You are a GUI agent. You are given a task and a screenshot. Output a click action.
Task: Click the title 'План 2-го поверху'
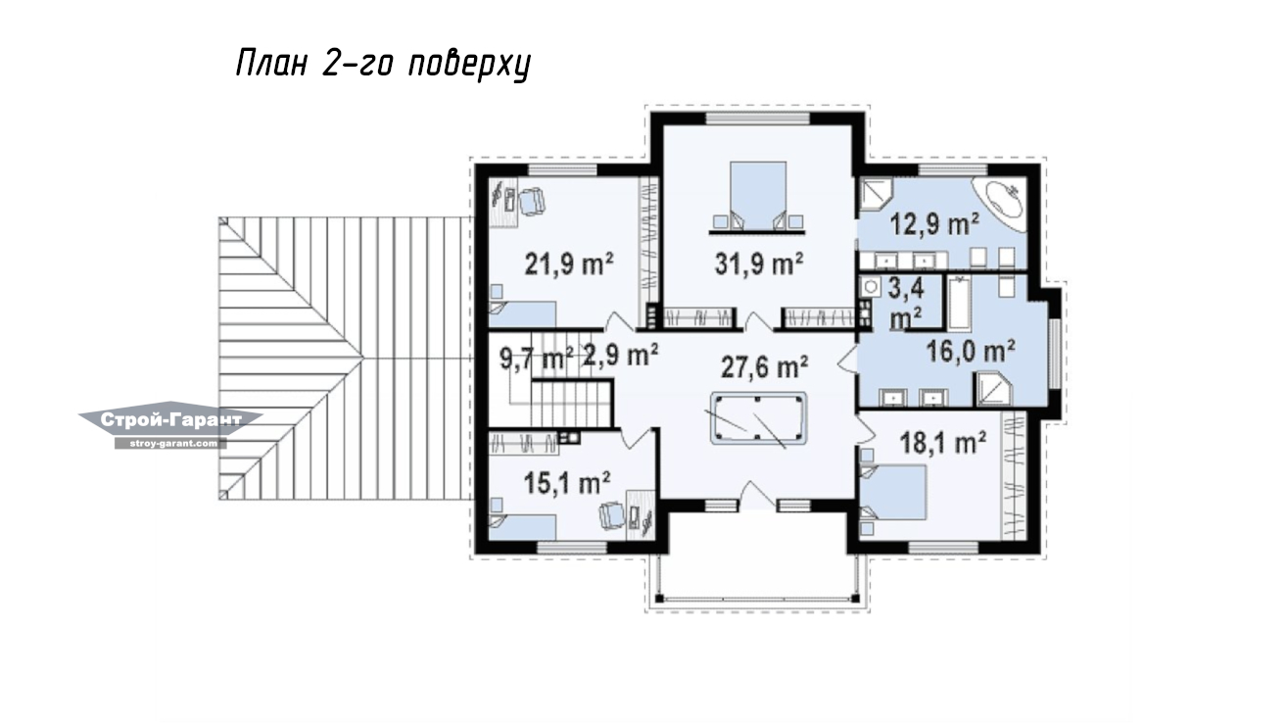[383, 64]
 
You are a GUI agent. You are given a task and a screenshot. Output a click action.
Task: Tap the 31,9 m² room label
[758, 264]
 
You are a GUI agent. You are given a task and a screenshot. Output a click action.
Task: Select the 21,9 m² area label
[569, 264]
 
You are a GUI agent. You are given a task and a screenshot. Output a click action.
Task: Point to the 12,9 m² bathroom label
[934, 223]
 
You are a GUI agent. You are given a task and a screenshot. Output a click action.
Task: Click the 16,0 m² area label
[971, 351]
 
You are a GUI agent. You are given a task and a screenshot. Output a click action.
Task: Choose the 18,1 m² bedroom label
[943, 443]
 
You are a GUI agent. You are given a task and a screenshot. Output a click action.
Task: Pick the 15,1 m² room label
[567, 483]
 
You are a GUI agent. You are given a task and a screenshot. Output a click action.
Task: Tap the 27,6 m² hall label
[765, 367]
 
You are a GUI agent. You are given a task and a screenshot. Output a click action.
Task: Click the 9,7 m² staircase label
[537, 360]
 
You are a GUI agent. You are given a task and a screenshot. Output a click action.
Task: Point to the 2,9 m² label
[620, 355]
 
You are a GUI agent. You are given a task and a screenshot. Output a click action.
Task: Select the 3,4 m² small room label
[906, 304]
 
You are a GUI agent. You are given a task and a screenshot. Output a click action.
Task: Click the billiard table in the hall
[758, 418]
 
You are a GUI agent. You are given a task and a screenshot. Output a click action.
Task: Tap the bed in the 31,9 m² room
[758, 196]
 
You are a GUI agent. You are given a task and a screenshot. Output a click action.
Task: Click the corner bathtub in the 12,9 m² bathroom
[998, 205]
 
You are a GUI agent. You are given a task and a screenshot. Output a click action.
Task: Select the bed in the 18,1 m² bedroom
[894, 493]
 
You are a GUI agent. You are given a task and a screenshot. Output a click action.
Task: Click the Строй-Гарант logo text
[171, 420]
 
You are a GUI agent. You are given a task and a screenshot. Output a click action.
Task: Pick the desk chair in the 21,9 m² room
[532, 202]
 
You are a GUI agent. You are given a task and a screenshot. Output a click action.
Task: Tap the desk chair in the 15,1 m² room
[611, 515]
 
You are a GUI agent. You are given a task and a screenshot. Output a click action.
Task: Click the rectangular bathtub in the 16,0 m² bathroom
[959, 304]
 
